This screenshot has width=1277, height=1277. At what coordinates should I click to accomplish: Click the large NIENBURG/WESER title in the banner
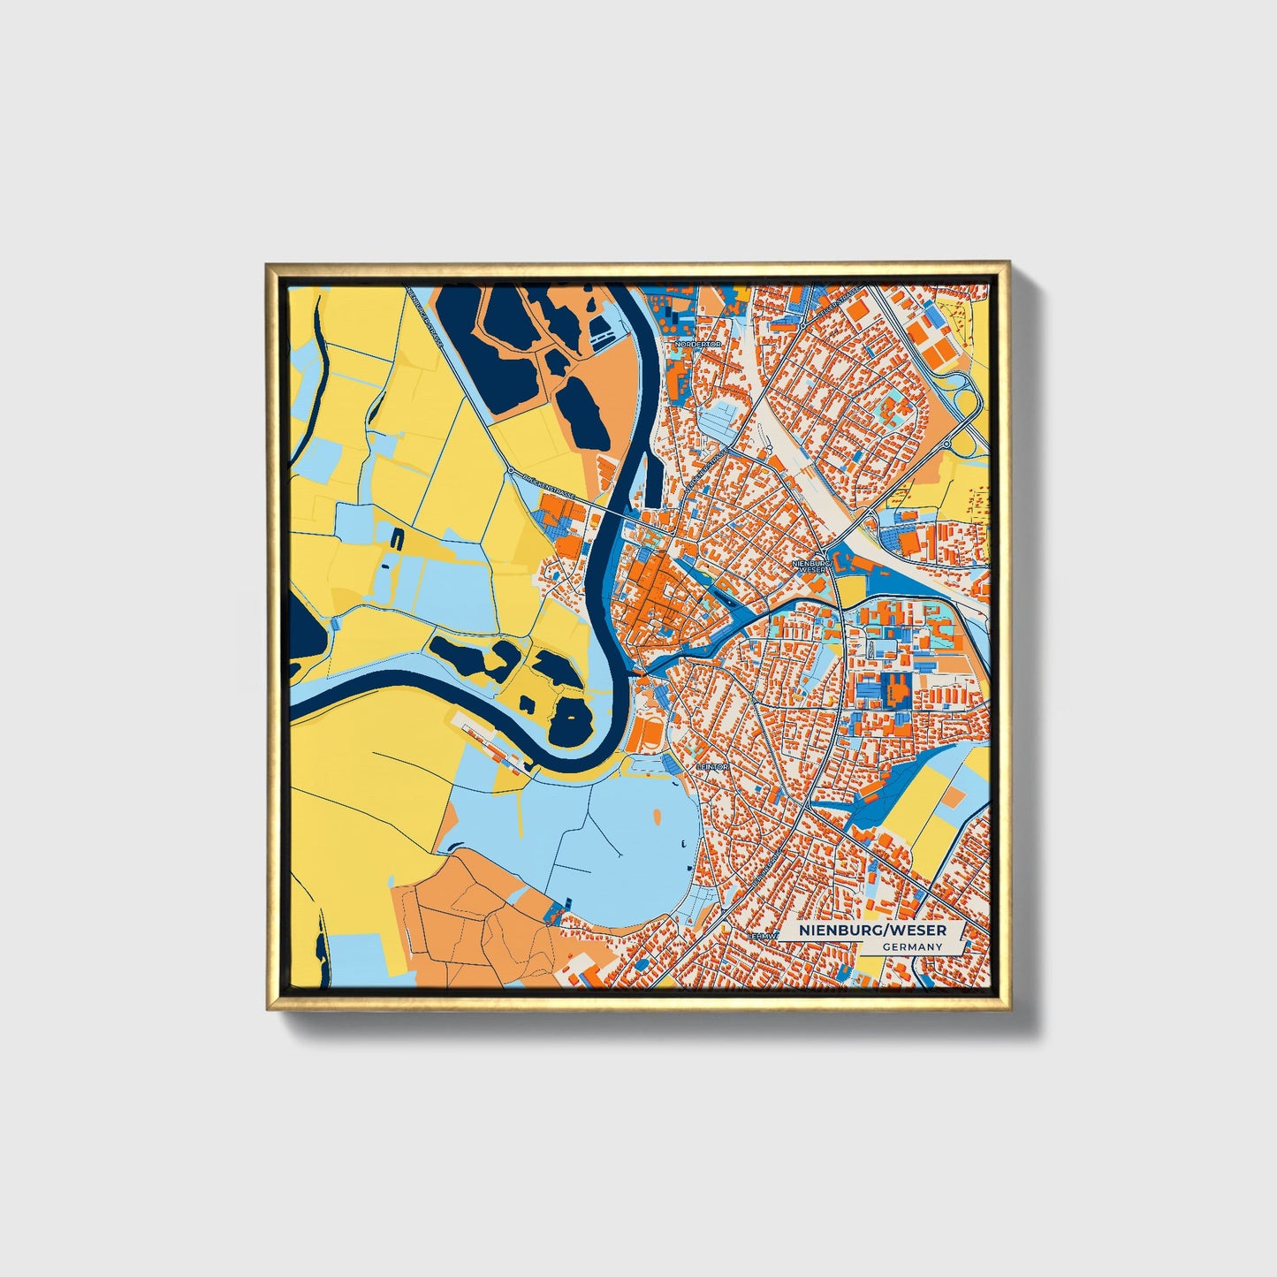[872, 931]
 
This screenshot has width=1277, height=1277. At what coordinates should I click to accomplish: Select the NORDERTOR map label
[697, 344]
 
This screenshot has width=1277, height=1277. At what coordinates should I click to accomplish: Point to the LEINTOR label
[712, 767]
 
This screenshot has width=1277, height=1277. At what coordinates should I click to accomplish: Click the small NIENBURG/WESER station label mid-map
[810, 566]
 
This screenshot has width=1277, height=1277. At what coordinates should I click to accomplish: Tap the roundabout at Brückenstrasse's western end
[511, 471]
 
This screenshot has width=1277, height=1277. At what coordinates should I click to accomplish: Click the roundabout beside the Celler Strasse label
[802, 326]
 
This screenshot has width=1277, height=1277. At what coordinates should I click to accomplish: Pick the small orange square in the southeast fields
[954, 797]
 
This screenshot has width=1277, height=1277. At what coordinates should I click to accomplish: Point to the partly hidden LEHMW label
[762, 935]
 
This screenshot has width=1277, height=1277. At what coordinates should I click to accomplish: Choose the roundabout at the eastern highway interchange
[946, 444]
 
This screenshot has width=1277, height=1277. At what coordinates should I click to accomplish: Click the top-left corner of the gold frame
[268, 263]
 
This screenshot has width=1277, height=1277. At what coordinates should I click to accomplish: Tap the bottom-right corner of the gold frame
[1009, 1008]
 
